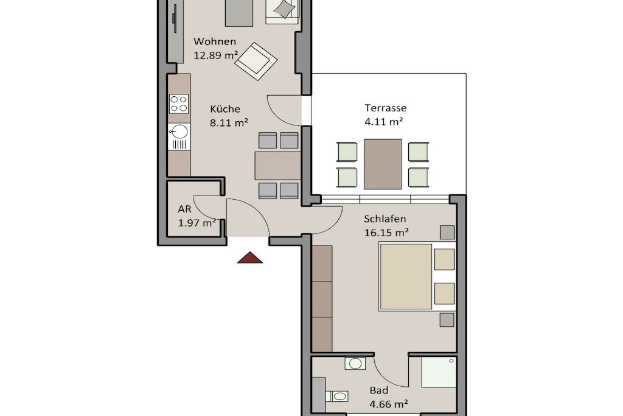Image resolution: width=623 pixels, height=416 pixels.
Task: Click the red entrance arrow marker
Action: tap(250, 258)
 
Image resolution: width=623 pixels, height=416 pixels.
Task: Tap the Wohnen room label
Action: tap(215, 41)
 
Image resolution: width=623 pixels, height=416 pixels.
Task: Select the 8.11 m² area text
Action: tap(229, 122)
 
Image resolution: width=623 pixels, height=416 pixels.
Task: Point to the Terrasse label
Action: tap(385, 108)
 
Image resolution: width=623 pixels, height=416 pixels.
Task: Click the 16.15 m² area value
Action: tap(386, 232)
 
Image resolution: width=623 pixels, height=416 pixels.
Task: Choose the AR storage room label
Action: tap(185, 209)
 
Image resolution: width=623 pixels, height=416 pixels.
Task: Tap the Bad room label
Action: tap(378, 390)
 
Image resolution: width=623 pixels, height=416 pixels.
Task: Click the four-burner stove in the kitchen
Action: tap(179, 104)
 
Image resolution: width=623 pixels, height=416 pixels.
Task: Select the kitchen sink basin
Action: tap(179, 132)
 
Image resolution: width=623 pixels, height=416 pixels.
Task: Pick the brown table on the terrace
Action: tap(383, 164)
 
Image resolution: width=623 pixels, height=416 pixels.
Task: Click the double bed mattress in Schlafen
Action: tap(406, 277)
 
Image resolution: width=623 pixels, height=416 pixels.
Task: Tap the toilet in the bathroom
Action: tap(337, 396)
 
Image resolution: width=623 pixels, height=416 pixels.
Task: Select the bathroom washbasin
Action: tap(355, 364)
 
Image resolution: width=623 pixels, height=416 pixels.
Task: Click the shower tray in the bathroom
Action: tap(439, 372)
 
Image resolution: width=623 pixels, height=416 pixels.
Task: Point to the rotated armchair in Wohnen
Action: tap(256, 62)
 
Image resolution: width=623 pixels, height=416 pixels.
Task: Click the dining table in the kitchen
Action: tap(277, 166)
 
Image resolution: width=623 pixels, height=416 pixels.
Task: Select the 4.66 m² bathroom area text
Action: tap(389, 404)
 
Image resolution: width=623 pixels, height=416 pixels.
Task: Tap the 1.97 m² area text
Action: tap(197, 222)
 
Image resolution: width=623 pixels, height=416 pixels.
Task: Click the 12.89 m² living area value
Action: tap(216, 55)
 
